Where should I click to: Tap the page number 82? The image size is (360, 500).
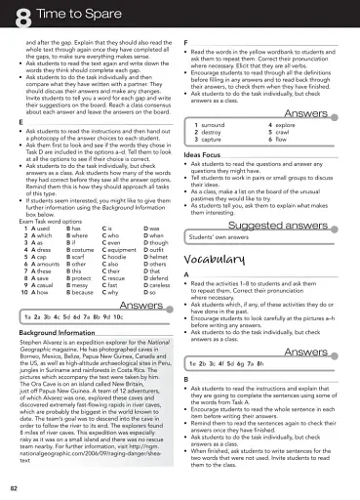pyautogui.click(x=15, y=485)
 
